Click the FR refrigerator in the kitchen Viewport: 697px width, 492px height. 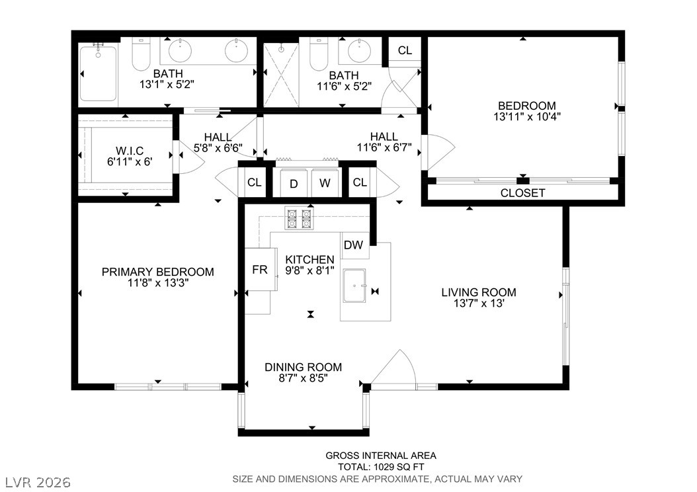click(x=260, y=269)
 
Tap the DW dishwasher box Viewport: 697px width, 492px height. click(x=354, y=245)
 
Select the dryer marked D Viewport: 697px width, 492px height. click(x=294, y=183)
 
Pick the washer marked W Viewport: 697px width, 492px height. click(x=325, y=183)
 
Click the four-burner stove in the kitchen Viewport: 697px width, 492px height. click(x=299, y=218)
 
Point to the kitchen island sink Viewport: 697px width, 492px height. click(x=354, y=285)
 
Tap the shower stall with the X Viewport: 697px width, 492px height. click(x=281, y=75)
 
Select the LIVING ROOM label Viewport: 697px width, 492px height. click(x=479, y=292)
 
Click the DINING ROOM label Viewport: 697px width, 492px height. click(x=303, y=367)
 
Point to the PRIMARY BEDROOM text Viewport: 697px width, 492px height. click(x=158, y=272)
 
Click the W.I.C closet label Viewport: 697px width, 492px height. click(x=130, y=151)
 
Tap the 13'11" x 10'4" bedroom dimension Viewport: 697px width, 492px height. click(x=527, y=117)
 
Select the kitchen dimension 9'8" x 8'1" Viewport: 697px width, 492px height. click(x=310, y=270)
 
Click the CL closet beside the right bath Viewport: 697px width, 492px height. click(x=405, y=51)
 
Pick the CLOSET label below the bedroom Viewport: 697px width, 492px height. click(x=522, y=193)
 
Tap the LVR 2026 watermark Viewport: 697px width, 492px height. click(x=38, y=482)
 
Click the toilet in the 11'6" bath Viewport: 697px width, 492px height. click(x=319, y=54)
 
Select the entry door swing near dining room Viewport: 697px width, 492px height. click(x=393, y=367)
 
